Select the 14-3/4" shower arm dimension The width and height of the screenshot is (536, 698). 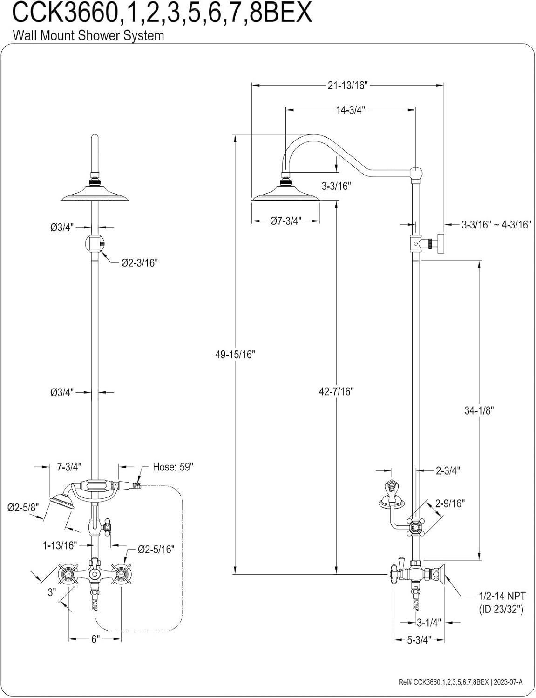click(350, 110)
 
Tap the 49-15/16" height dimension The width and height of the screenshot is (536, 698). click(235, 354)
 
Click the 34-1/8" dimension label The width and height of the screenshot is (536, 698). click(479, 410)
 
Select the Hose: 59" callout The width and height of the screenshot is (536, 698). click(173, 467)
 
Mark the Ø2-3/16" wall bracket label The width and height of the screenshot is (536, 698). click(139, 263)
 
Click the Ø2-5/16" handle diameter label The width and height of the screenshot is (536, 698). click(156, 550)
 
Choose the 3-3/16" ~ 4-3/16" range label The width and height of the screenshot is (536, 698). click(496, 225)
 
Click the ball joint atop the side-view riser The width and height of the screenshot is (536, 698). click(417, 174)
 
